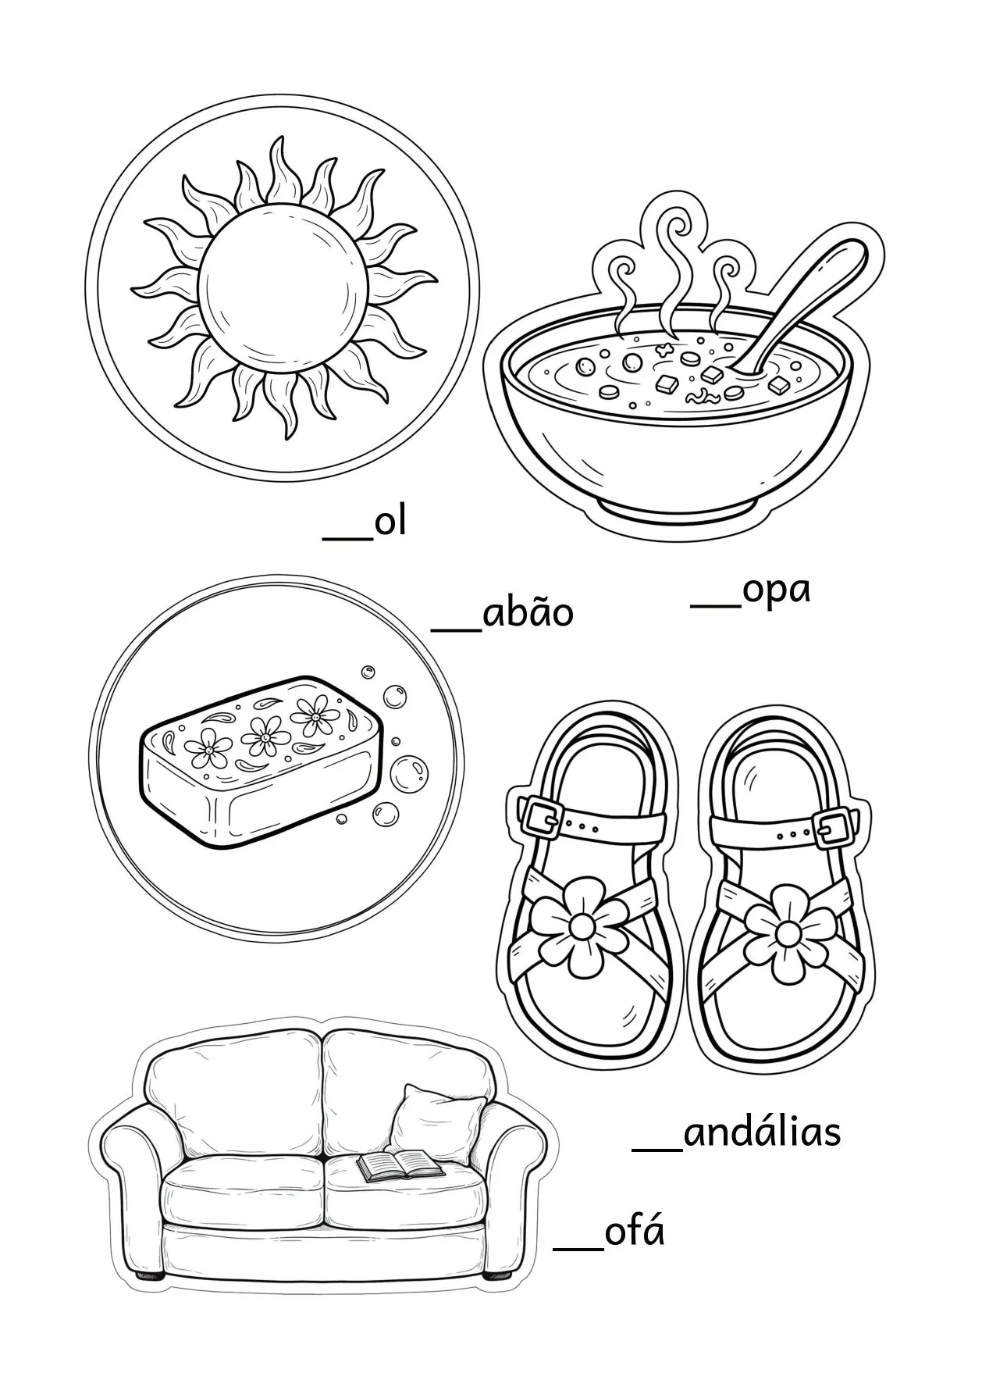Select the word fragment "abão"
(528, 611)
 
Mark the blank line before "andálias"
(657, 1149)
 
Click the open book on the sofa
(400, 1186)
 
